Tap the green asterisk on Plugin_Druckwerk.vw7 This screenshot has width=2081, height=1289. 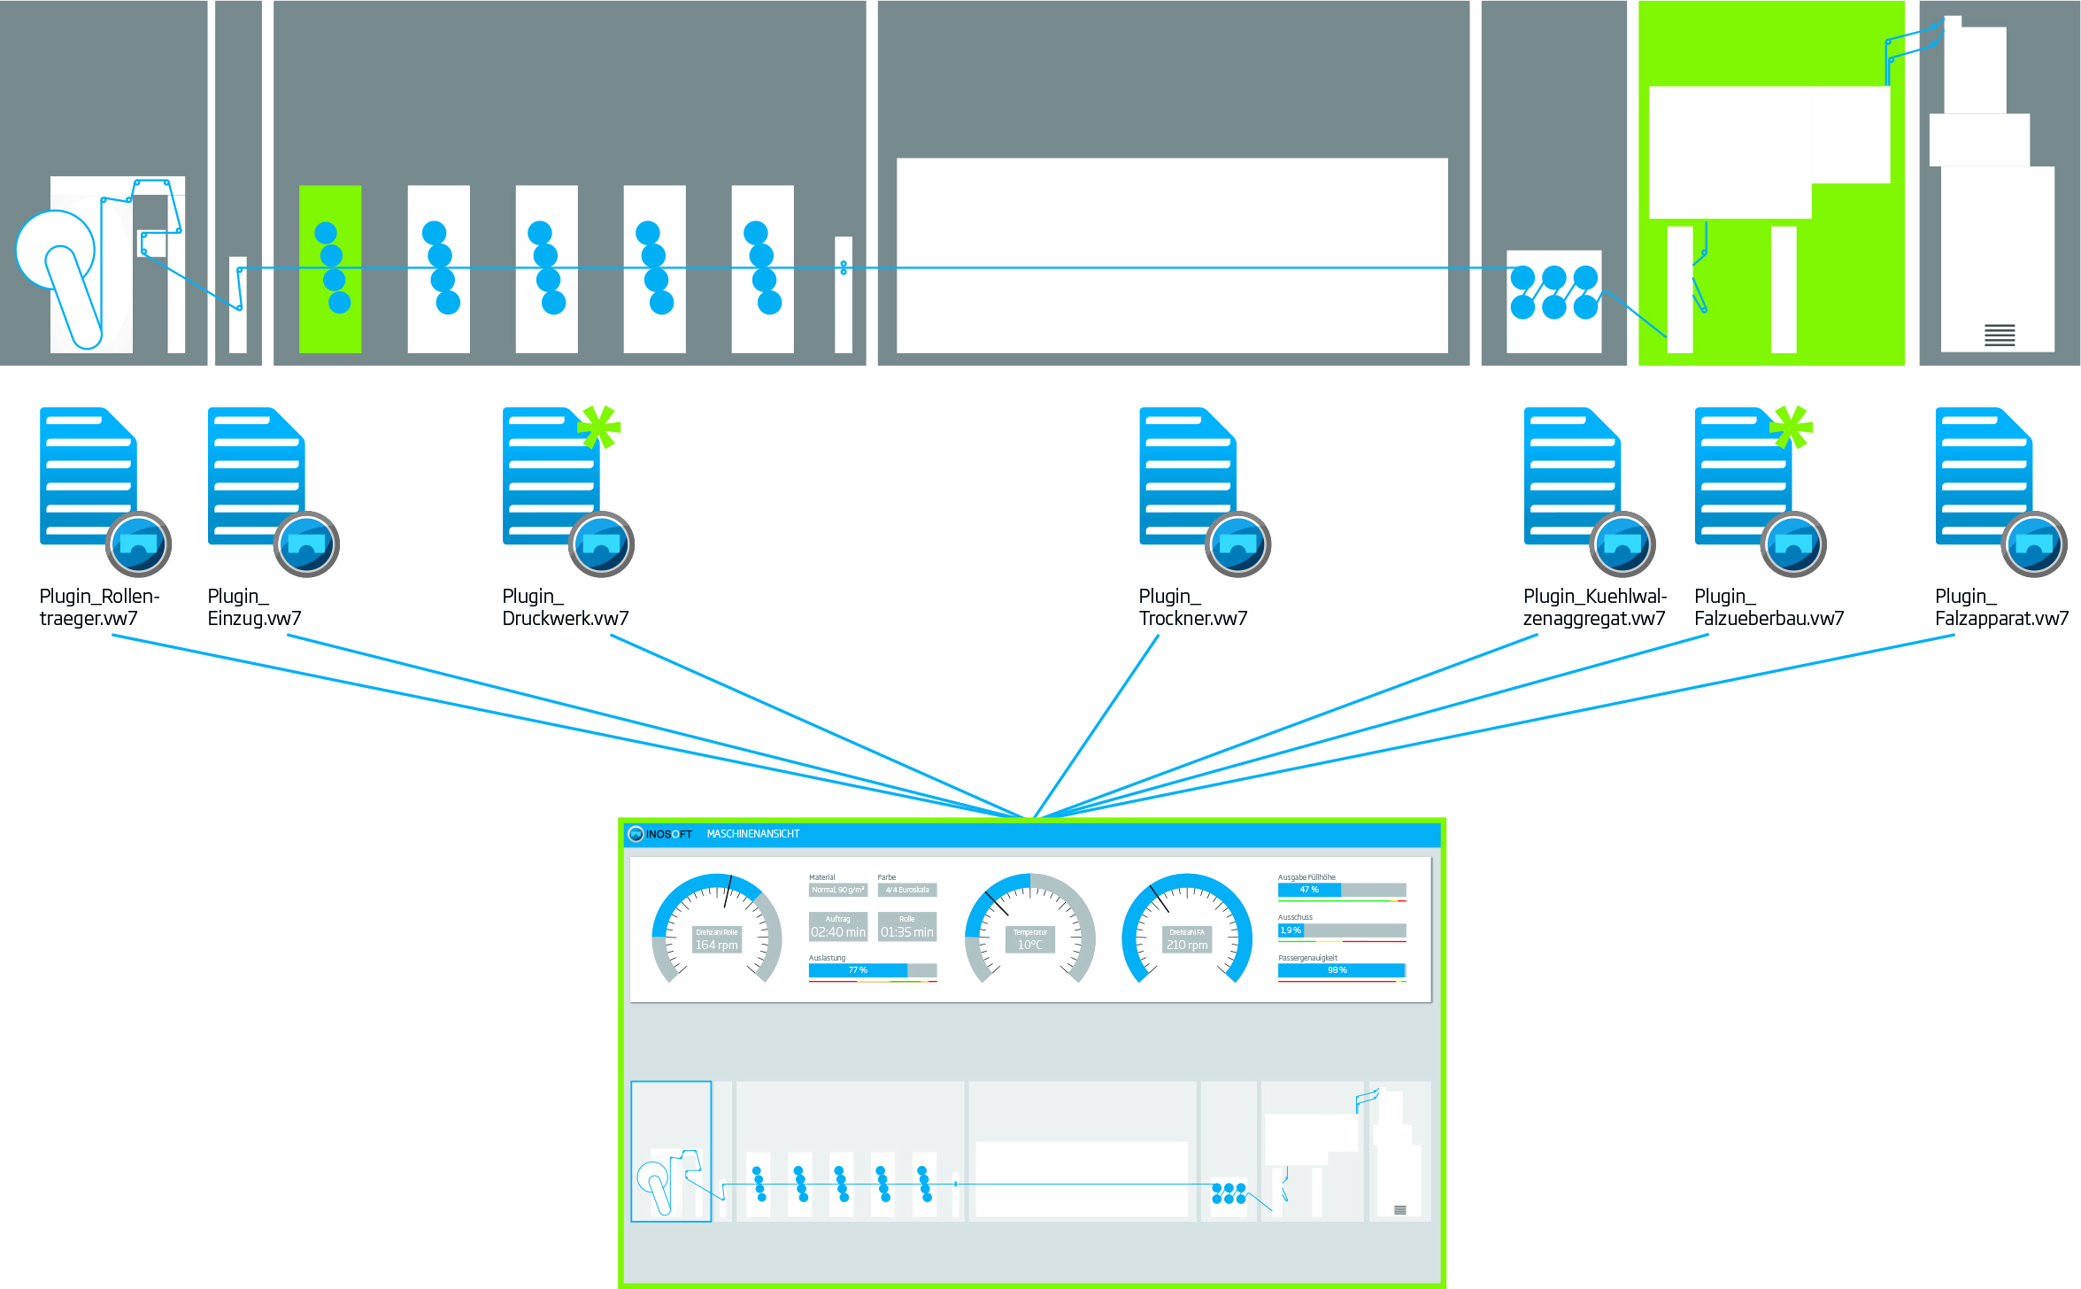pyautogui.click(x=599, y=427)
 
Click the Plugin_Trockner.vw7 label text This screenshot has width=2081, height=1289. pyautogui.click(x=1192, y=607)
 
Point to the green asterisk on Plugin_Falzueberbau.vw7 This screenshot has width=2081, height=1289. pyautogui.click(x=1791, y=427)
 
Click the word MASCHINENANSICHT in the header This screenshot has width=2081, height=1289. pyautogui.click(x=752, y=834)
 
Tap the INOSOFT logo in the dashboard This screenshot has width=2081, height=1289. pyautogui.click(x=660, y=834)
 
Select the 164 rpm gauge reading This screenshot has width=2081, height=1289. pyautogui.click(x=716, y=945)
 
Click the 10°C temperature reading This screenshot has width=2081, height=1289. pyautogui.click(x=1029, y=945)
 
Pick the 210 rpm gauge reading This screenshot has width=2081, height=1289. pyautogui.click(x=1186, y=945)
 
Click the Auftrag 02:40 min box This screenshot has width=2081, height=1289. pyautogui.click(x=837, y=927)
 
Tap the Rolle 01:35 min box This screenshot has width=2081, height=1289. pyautogui.click(x=906, y=927)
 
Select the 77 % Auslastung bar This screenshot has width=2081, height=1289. pyautogui.click(x=872, y=970)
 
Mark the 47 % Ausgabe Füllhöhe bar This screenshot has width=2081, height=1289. pyautogui.click(x=1341, y=890)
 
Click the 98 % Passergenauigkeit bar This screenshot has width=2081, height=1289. pyautogui.click(x=1341, y=970)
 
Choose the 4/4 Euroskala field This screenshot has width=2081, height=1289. pyautogui.click(x=906, y=890)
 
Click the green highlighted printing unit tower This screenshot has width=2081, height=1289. pyautogui.click(x=330, y=269)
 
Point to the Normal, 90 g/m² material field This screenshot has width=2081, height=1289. pyautogui.click(x=837, y=890)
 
